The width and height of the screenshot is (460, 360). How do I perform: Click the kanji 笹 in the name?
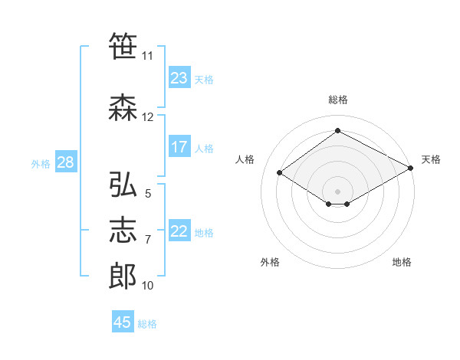pos(123,46)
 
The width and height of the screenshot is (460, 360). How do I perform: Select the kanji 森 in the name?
pos(123,107)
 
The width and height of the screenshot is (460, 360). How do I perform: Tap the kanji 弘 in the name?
pos(123,184)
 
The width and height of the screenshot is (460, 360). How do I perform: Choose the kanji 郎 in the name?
pos(123,277)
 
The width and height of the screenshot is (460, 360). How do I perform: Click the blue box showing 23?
pos(179,77)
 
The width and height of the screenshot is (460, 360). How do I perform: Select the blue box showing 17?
pos(179,146)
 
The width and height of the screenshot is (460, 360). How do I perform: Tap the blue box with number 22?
pos(179,230)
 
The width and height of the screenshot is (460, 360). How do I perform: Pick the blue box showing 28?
pos(66,162)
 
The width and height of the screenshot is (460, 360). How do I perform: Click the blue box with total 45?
pos(123,321)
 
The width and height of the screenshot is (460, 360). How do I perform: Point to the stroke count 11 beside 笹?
pos(147,56)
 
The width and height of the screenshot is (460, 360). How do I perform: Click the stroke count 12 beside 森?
pos(147,117)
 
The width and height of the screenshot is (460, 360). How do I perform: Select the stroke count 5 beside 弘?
pos(148,194)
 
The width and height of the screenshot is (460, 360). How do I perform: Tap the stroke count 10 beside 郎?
pos(147,286)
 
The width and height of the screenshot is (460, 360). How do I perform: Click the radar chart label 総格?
pos(338,100)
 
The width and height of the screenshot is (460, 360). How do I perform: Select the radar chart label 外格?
pos(270,262)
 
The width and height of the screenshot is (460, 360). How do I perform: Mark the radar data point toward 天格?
pos(411,168)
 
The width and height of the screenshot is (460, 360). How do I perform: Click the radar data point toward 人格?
pos(280,172)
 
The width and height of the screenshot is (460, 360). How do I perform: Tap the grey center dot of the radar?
pos(337,191)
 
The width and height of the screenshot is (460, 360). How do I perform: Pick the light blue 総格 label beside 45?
pos(147,324)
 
